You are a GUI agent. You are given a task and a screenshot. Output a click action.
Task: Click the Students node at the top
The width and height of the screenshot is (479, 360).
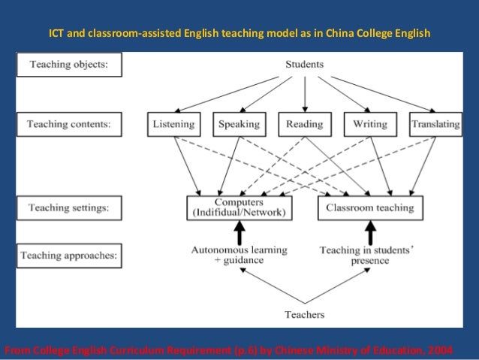(304, 65)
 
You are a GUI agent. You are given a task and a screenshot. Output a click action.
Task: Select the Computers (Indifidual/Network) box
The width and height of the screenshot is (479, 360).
(239, 207)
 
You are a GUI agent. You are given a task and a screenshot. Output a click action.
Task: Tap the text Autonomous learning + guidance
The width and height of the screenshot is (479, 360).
(239, 256)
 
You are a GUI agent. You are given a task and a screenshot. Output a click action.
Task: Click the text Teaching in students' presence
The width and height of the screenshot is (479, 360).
(367, 256)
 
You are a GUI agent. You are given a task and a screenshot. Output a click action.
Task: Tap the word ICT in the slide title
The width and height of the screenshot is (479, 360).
(58, 35)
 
